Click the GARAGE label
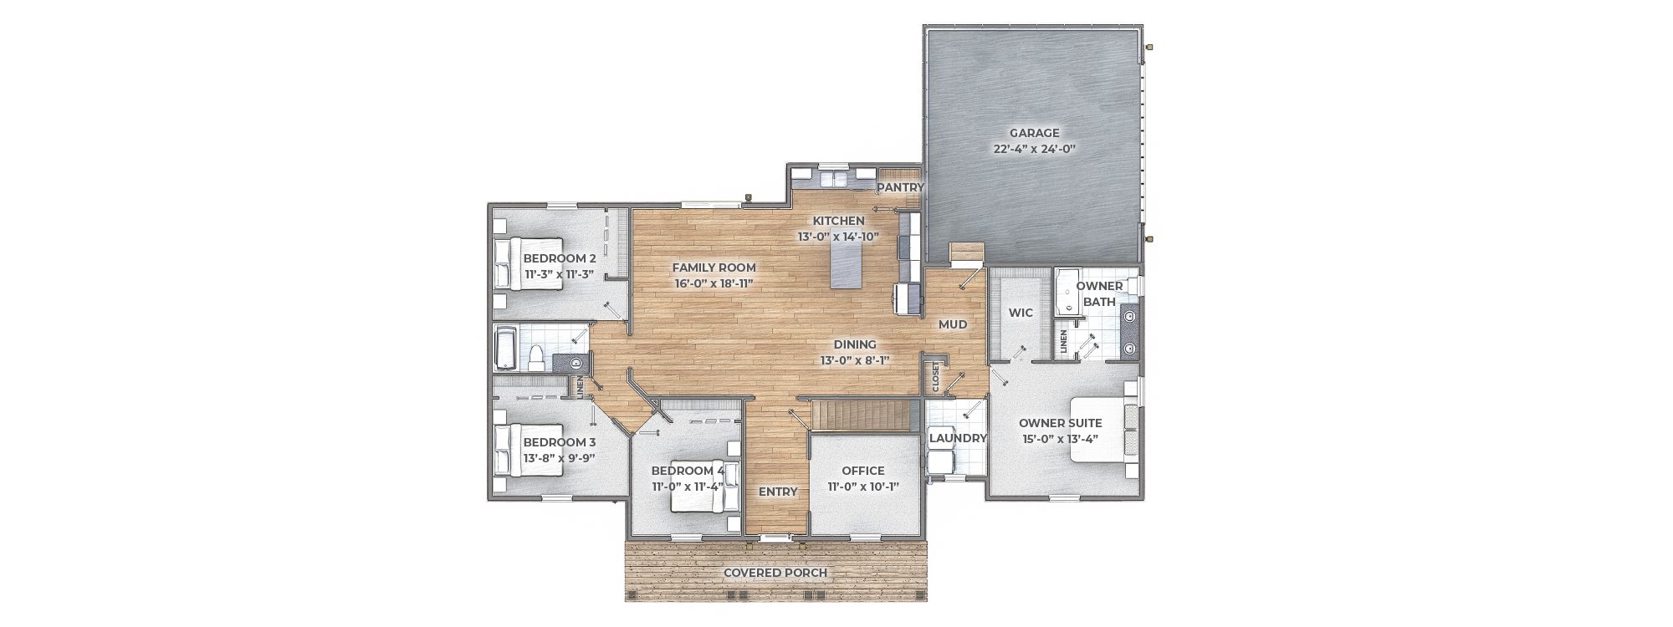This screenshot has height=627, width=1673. click(1034, 133)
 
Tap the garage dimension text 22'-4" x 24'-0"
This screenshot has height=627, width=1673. click(1034, 149)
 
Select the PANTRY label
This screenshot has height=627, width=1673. click(900, 187)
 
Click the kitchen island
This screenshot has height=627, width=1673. click(847, 261)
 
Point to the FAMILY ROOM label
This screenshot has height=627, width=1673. click(714, 268)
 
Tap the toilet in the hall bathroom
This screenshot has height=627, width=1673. click(536, 358)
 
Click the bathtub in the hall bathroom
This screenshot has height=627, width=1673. click(507, 348)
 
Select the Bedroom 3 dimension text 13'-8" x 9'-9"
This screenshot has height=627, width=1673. click(559, 458)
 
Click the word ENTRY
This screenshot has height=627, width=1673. click(778, 492)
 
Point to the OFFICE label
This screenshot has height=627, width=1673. click(863, 471)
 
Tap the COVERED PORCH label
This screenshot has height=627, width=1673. click(775, 573)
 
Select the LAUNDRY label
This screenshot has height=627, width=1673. click(959, 438)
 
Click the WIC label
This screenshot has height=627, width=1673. click(1021, 313)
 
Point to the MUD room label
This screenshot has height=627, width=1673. click(952, 324)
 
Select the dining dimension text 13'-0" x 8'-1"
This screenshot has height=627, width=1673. click(854, 360)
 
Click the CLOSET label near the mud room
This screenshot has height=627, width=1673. click(936, 376)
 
